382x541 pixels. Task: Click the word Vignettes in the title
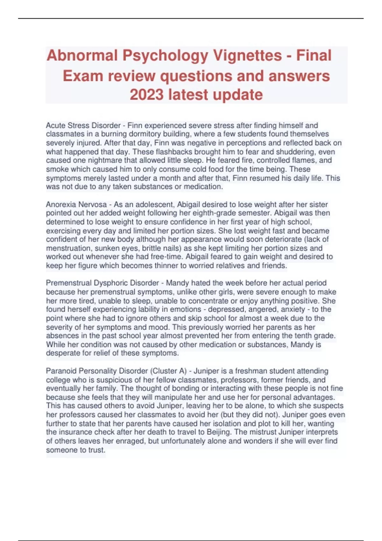[247, 56]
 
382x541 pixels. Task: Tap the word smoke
[57, 169]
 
